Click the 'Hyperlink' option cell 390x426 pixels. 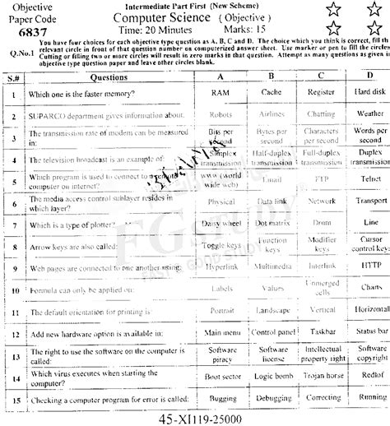pos(221,267)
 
